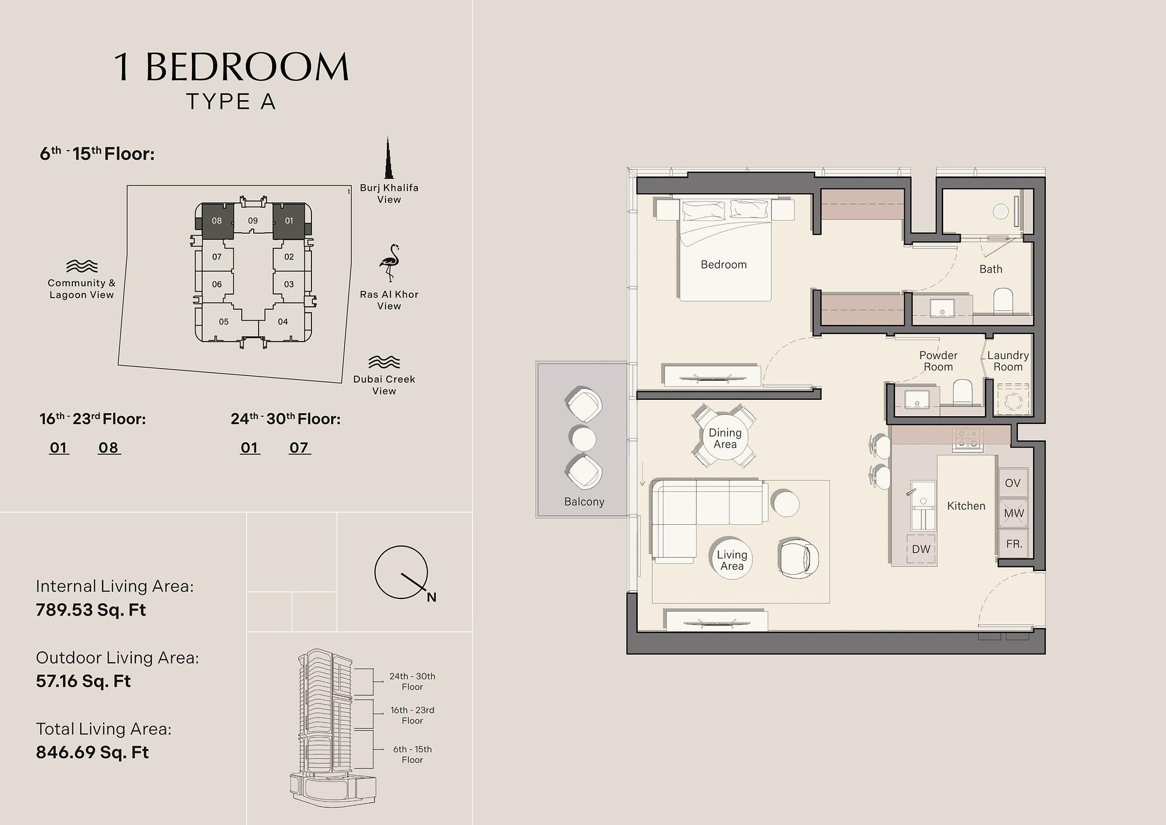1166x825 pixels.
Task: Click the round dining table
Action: coord(725,437)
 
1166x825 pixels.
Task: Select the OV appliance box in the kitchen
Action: coord(1012,483)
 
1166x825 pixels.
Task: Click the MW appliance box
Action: coord(1013,513)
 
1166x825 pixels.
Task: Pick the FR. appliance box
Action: coord(1013,544)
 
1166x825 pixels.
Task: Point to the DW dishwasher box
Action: coord(921,549)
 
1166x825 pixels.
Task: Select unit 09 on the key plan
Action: coord(253,221)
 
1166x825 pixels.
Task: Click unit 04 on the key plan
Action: coord(282,322)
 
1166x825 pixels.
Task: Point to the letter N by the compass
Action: coord(431,597)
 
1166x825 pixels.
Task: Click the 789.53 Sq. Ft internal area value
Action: coord(90,610)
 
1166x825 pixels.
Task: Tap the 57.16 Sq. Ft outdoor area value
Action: coord(83,681)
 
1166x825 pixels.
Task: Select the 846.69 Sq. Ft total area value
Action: coord(92,752)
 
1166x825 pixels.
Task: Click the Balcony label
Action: coord(584,502)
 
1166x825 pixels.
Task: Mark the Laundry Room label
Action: coord(1008,361)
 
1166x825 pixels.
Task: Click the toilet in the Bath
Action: coord(1003,301)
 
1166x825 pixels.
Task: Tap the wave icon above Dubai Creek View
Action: coord(384,362)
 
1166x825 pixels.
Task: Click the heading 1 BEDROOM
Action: coord(231,66)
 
